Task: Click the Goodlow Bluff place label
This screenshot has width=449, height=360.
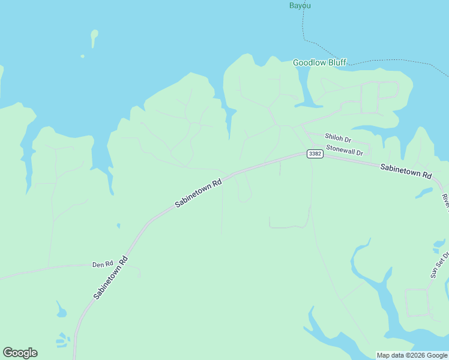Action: tap(319, 62)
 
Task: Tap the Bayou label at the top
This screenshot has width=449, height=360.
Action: tap(300, 5)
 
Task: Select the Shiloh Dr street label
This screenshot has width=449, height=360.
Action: tap(337, 137)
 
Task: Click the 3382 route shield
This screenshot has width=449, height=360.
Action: tap(315, 154)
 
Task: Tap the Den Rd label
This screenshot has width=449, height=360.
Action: tap(103, 264)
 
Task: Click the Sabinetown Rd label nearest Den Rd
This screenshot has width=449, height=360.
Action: tap(111, 278)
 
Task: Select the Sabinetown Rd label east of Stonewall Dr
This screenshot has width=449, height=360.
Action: tap(406, 172)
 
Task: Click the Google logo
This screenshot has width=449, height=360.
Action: tap(20, 353)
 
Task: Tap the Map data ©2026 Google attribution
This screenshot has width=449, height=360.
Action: tap(412, 355)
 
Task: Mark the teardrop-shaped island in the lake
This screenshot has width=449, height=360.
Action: tap(94, 37)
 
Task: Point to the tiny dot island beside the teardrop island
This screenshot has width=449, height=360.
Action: tap(82, 56)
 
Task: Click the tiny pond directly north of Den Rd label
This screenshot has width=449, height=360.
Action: tap(118, 226)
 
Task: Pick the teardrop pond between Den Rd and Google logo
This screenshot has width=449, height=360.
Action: tap(61, 311)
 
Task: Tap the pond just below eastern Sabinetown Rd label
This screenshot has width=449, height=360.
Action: tap(424, 193)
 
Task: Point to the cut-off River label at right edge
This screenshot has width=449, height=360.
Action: tap(445, 202)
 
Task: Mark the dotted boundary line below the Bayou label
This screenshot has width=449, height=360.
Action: tap(305, 27)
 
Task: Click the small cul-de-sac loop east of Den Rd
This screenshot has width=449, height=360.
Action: tap(138, 273)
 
